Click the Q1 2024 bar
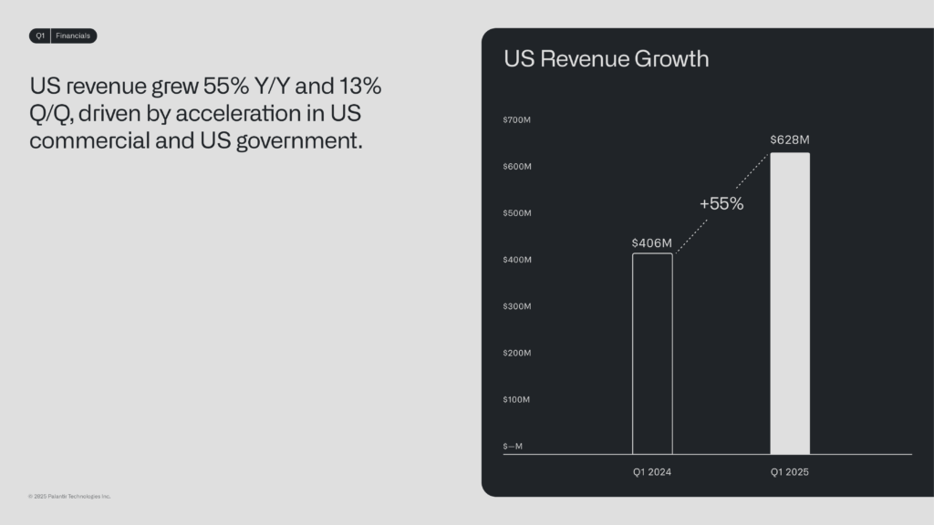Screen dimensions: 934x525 coord(633,354)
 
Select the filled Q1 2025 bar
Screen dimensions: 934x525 coord(790,304)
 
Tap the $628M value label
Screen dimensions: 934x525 coord(790,139)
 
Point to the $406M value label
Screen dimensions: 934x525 coord(651,242)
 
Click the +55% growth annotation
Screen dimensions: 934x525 coord(721,203)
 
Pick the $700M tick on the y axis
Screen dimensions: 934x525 coord(516,119)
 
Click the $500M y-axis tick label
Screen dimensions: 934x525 coord(517,213)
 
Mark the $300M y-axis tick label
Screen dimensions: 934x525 coord(517,306)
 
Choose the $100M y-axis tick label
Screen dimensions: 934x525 coord(516,399)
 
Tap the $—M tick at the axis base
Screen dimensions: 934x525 coord(513,447)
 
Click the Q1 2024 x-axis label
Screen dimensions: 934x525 coord(651,472)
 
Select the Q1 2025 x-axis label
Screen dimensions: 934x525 coord(789,472)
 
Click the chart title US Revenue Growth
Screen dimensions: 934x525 coord(607,59)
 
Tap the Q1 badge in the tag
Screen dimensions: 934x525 coord(40,36)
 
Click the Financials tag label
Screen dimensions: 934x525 coord(73,36)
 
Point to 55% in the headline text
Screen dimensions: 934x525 coord(226,87)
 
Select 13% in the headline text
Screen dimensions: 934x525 coord(360,87)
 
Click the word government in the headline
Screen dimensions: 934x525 coord(299,141)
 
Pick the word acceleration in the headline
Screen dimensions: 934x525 coord(238,114)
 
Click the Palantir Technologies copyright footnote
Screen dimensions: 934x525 coord(69,497)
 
